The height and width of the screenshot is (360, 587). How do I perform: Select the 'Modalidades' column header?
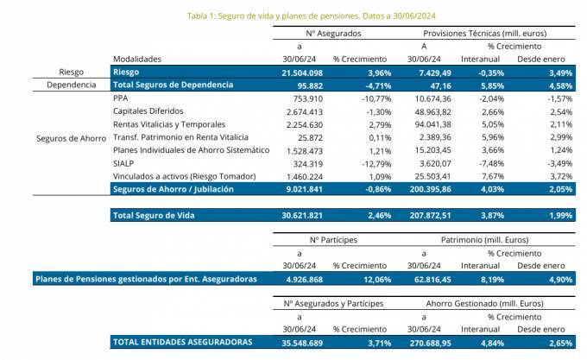[x=137, y=58]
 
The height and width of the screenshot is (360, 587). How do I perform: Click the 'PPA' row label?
[x=120, y=98]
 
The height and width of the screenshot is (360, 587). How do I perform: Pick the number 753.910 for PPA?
[x=306, y=98]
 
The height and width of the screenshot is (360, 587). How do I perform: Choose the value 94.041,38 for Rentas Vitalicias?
[x=428, y=124]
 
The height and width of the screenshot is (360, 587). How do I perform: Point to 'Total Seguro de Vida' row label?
[x=155, y=215]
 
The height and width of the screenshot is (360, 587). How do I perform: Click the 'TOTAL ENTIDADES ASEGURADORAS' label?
[x=182, y=342]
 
